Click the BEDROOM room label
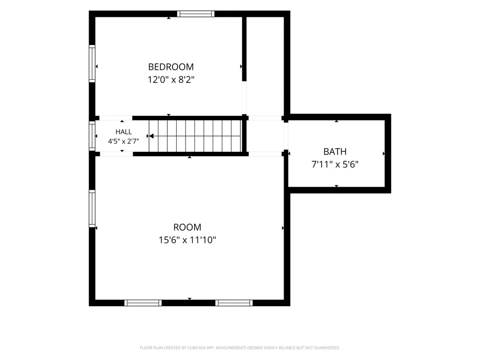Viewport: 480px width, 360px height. click(x=171, y=67)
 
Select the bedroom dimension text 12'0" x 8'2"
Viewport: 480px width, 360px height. click(x=171, y=80)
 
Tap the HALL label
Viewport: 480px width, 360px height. click(x=124, y=132)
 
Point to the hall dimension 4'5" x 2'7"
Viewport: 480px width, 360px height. click(x=124, y=141)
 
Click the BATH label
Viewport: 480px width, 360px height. click(x=335, y=151)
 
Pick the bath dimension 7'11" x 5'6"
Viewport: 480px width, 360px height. click(x=335, y=165)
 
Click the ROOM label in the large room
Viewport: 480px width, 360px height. click(x=187, y=227)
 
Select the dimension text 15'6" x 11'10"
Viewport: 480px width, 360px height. click(x=187, y=240)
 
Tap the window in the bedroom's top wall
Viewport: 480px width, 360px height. click(x=196, y=14)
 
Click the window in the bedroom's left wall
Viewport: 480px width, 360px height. click(x=92, y=64)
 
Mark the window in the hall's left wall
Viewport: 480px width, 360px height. click(x=92, y=136)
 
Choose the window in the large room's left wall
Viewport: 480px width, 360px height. click(x=92, y=209)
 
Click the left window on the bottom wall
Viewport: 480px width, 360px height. click(x=143, y=303)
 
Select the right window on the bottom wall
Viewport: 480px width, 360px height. click(x=234, y=303)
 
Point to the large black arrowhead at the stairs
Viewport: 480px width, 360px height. click(x=151, y=136)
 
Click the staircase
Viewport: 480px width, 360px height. click(x=195, y=136)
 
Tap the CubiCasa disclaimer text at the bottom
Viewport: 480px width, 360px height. click(x=240, y=348)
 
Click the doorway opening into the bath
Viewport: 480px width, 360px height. click(x=286, y=136)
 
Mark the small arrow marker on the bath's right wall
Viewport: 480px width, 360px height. click(x=384, y=154)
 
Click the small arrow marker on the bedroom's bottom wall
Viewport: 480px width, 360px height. click(x=169, y=115)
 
